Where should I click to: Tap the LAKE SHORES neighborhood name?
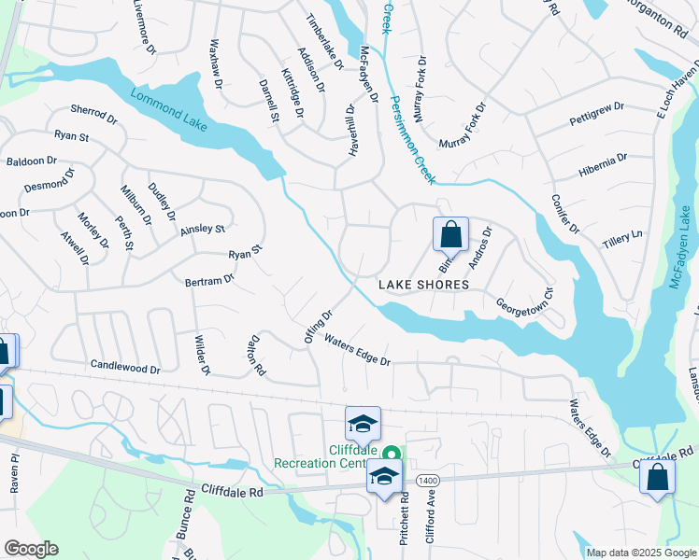pos(423,284)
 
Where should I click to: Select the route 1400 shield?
pos(427,479)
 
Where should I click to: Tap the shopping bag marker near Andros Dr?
pos(450,234)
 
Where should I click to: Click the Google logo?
pos(31,549)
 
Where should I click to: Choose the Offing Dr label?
pos(319,327)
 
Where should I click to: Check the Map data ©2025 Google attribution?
pos(641,553)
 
